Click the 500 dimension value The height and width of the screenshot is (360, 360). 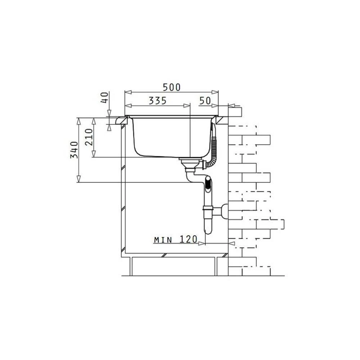coord(172,87)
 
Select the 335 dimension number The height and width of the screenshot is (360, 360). coord(158,100)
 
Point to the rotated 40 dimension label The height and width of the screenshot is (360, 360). coord(104,97)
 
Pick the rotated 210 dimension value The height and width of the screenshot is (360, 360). coord(89,137)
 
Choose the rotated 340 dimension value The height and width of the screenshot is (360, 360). coord(74,150)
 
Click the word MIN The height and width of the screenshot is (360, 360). coord(163,240)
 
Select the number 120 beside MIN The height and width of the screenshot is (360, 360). coord(188,239)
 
